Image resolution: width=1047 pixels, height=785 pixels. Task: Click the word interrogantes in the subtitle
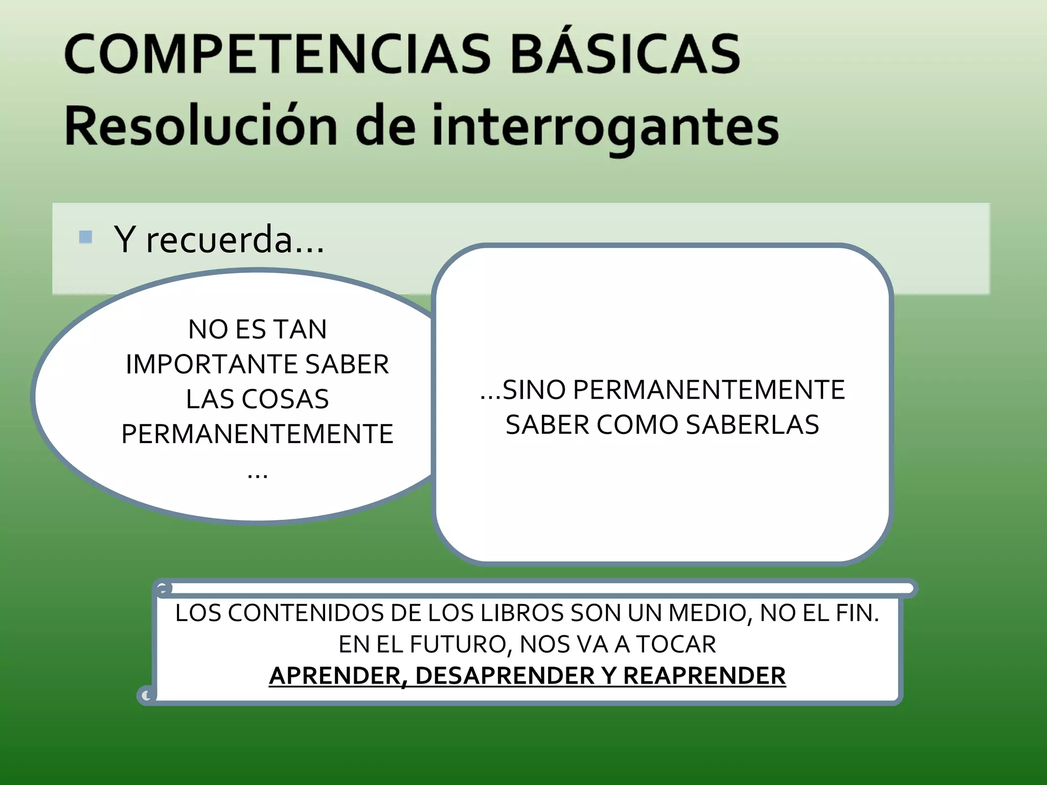[605, 127]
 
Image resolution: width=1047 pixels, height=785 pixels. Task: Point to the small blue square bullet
[86, 237]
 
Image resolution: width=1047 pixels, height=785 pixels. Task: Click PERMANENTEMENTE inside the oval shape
[257, 434]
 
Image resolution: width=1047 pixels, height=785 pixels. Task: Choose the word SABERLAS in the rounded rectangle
[752, 425]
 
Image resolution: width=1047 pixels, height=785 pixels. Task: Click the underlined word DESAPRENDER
[505, 676]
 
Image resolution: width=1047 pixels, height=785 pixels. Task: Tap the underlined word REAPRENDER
[704, 676]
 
